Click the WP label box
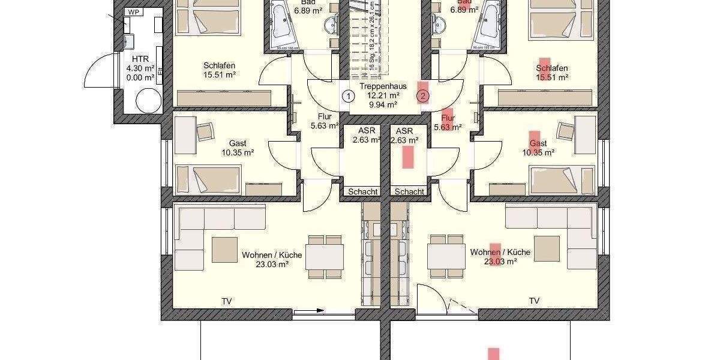point(132,11)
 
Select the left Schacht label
point(362,191)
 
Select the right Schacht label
point(409,191)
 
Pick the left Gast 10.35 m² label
point(237,148)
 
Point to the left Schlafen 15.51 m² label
point(218,71)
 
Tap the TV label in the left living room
point(227,301)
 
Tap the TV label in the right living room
point(534,301)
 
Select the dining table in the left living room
point(325,257)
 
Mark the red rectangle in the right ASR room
point(408,157)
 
